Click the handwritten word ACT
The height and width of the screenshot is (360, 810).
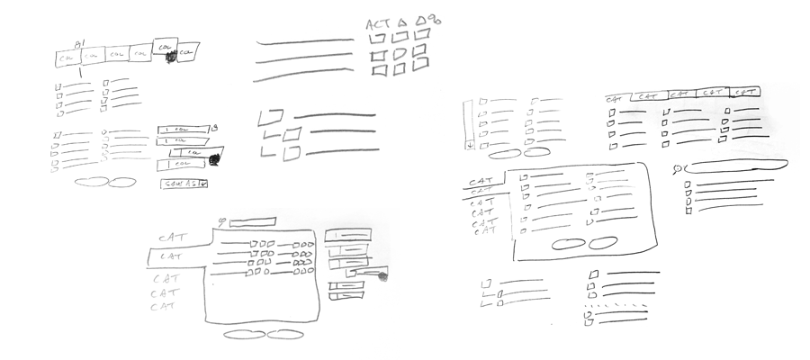(378, 24)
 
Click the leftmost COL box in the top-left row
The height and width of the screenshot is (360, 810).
(65, 57)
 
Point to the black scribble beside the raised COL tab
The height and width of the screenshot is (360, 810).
(170, 57)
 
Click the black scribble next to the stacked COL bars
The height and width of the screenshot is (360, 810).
(214, 161)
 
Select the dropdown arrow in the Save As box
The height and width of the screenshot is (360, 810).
(203, 184)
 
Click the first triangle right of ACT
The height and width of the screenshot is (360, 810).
(404, 21)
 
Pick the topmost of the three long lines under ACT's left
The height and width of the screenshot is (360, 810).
(304, 40)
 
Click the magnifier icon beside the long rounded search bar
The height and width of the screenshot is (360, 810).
(677, 168)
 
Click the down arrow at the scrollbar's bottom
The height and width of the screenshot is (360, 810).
(469, 144)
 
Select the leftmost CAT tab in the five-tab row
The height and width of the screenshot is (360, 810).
(616, 95)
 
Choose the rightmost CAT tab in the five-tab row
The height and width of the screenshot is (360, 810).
(746, 93)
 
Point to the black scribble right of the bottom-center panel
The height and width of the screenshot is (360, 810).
(382, 276)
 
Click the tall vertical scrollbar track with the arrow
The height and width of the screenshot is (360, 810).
(469, 121)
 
